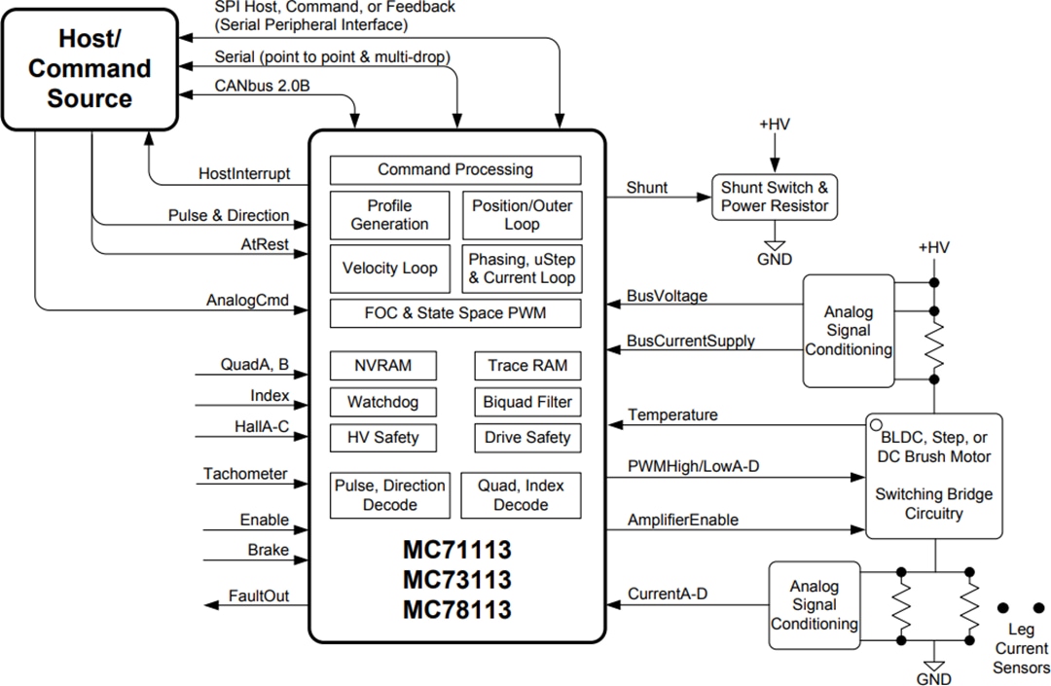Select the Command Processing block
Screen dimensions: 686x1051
pyautogui.click(x=455, y=169)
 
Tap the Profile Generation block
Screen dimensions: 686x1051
pyautogui.click(x=389, y=215)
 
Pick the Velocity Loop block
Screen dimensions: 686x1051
pyautogui.click(x=389, y=269)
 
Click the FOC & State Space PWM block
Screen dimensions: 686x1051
pyautogui.click(x=455, y=314)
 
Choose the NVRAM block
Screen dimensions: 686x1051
pyautogui.click(x=382, y=366)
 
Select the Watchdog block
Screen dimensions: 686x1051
pyautogui.click(x=382, y=402)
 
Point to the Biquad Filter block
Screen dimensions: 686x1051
pyautogui.click(x=527, y=402)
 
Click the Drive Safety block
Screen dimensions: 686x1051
pyautogui.click(x=527, y=438)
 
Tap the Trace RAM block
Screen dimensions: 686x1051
pyautogui.click(x=527, y=366)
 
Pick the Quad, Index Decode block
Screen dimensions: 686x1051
pyautogui.click(x=521, y=495)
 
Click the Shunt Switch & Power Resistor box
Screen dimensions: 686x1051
pyautogui.click(x=775, y=197)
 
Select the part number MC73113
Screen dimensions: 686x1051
pyautogui.click(x=457, y=580)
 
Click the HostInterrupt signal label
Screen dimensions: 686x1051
pyautogui.click(x=244, y=173)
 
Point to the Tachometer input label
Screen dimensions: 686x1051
pyautogui.click(x=245, y=474)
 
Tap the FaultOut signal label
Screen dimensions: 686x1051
pyautogui.click(x=259, y=596)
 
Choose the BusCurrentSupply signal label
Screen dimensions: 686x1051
pyautogui.click(x=691, y=342)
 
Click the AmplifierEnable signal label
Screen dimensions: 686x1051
pyautogui.click(x=683, y=520)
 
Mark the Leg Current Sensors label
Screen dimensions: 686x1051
pyautogui.click(x=1021, y=649)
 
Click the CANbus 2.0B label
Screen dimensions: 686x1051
pyautogui.click(x=262, y=86)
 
